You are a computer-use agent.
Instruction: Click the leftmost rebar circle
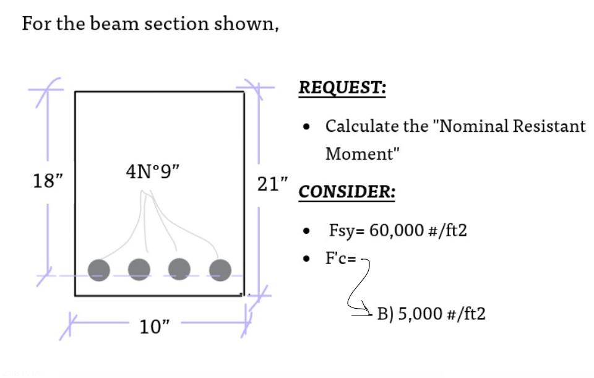point(99,270)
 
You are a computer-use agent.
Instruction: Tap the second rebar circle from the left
point(139,270)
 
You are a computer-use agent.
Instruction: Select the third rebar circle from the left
point(179,270)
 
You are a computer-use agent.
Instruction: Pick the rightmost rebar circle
point(220,270)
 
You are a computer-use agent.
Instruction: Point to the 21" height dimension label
point(273,184)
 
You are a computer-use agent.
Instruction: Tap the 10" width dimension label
point(154,327)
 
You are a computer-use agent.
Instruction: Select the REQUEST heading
point(342,88)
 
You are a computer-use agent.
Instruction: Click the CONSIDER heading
point(346,192)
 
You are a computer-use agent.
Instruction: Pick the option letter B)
point(385,314)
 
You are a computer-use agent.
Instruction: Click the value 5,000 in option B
point(419,314)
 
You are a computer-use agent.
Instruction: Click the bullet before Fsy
point(306,232)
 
